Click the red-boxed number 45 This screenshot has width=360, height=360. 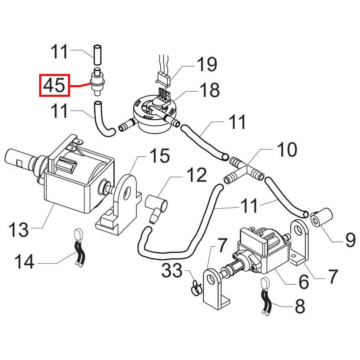tap(54, 85)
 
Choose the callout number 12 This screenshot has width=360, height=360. tap(196, 175)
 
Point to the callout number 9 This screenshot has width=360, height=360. tap(350, 240)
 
